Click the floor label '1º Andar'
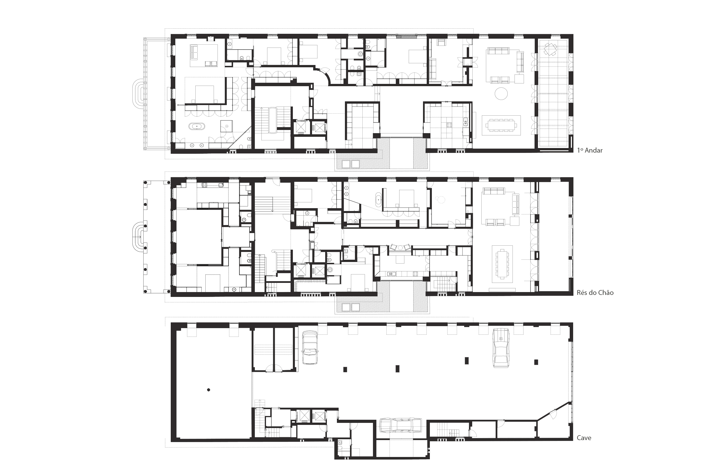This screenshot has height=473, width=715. [590, 150]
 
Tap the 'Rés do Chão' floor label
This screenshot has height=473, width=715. [595, 293]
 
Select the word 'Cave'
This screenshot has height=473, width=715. [584, 438]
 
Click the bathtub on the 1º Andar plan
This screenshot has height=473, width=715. [197, 126]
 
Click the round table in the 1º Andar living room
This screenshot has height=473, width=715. [501, 93]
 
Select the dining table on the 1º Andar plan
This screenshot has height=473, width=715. [501, 125]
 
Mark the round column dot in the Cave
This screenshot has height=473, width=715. [208, 390]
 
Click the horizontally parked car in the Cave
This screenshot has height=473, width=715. [400, 425]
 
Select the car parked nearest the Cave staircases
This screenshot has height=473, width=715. [310, 348]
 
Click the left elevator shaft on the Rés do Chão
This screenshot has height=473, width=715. [301, 270]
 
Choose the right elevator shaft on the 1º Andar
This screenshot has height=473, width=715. [318, 127]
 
